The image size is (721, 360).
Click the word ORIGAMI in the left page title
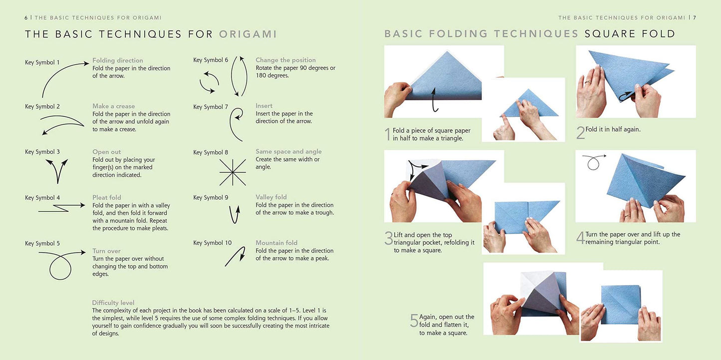click(248, 34)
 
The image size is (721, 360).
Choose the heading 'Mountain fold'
click(276, 243)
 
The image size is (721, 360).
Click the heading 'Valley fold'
click(271, 197)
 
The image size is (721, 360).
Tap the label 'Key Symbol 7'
click(211, 107)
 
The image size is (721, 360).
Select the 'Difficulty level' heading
click(113, 303)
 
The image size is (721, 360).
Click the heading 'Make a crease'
click(113, 106)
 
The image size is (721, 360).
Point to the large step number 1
click(387, 134)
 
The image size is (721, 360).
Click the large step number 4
click(580, 238)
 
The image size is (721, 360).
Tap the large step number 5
click(414, 321)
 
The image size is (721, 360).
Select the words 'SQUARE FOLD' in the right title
click(630, 34)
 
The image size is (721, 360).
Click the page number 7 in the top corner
click(694, 17)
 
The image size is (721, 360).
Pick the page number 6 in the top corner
click(26, 17)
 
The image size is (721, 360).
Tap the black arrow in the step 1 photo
click(434, 99)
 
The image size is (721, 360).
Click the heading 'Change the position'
click(285, 60)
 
